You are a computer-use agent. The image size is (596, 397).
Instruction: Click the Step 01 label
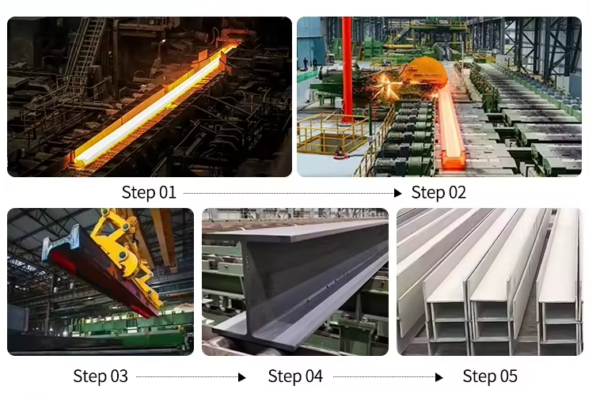point(149,192)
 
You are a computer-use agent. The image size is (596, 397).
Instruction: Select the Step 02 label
point(438,192)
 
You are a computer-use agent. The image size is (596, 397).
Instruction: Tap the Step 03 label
point(101,376)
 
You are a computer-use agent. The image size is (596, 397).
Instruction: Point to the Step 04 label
point(295,376)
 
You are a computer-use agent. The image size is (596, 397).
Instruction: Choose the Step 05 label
point(490,376)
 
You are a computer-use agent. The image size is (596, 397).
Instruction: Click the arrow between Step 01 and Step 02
point(293,192)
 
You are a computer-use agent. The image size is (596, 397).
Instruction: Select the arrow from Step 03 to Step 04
point(191,377)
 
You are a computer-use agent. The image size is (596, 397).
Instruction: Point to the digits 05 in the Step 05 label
point(507,376)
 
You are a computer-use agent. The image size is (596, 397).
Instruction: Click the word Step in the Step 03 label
point(89,376)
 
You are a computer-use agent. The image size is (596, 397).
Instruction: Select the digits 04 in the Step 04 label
point(312,376)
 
